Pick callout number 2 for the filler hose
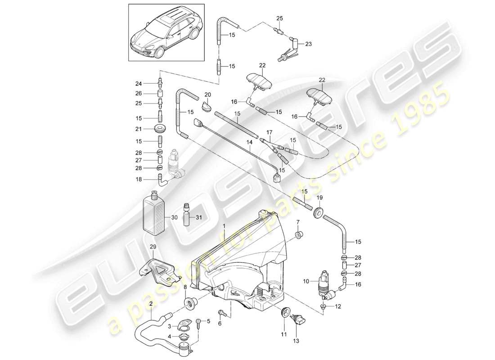(151, 304)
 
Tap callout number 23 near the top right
(308, 44)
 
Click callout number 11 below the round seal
(284, 333)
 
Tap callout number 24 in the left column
(139, 83)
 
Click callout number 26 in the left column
(139, 93)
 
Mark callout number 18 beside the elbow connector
(139, 179)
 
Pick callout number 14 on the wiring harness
(247, 143)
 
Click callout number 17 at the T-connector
(269, 132)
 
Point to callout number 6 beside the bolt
(220, 324)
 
